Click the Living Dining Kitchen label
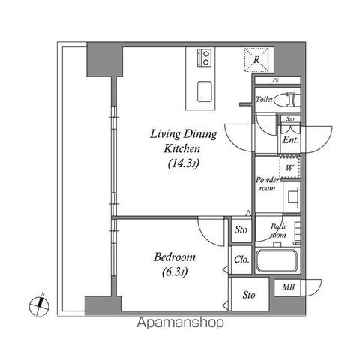point(183,142)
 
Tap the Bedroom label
point(175,256)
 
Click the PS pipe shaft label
point(277,80)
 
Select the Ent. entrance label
point(290,139)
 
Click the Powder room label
point(268,184)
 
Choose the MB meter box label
point(288,286)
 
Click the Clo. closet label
point(241,259)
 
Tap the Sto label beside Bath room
point(241,230)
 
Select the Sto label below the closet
point(248,295)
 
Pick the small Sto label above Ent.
point(289,119)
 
